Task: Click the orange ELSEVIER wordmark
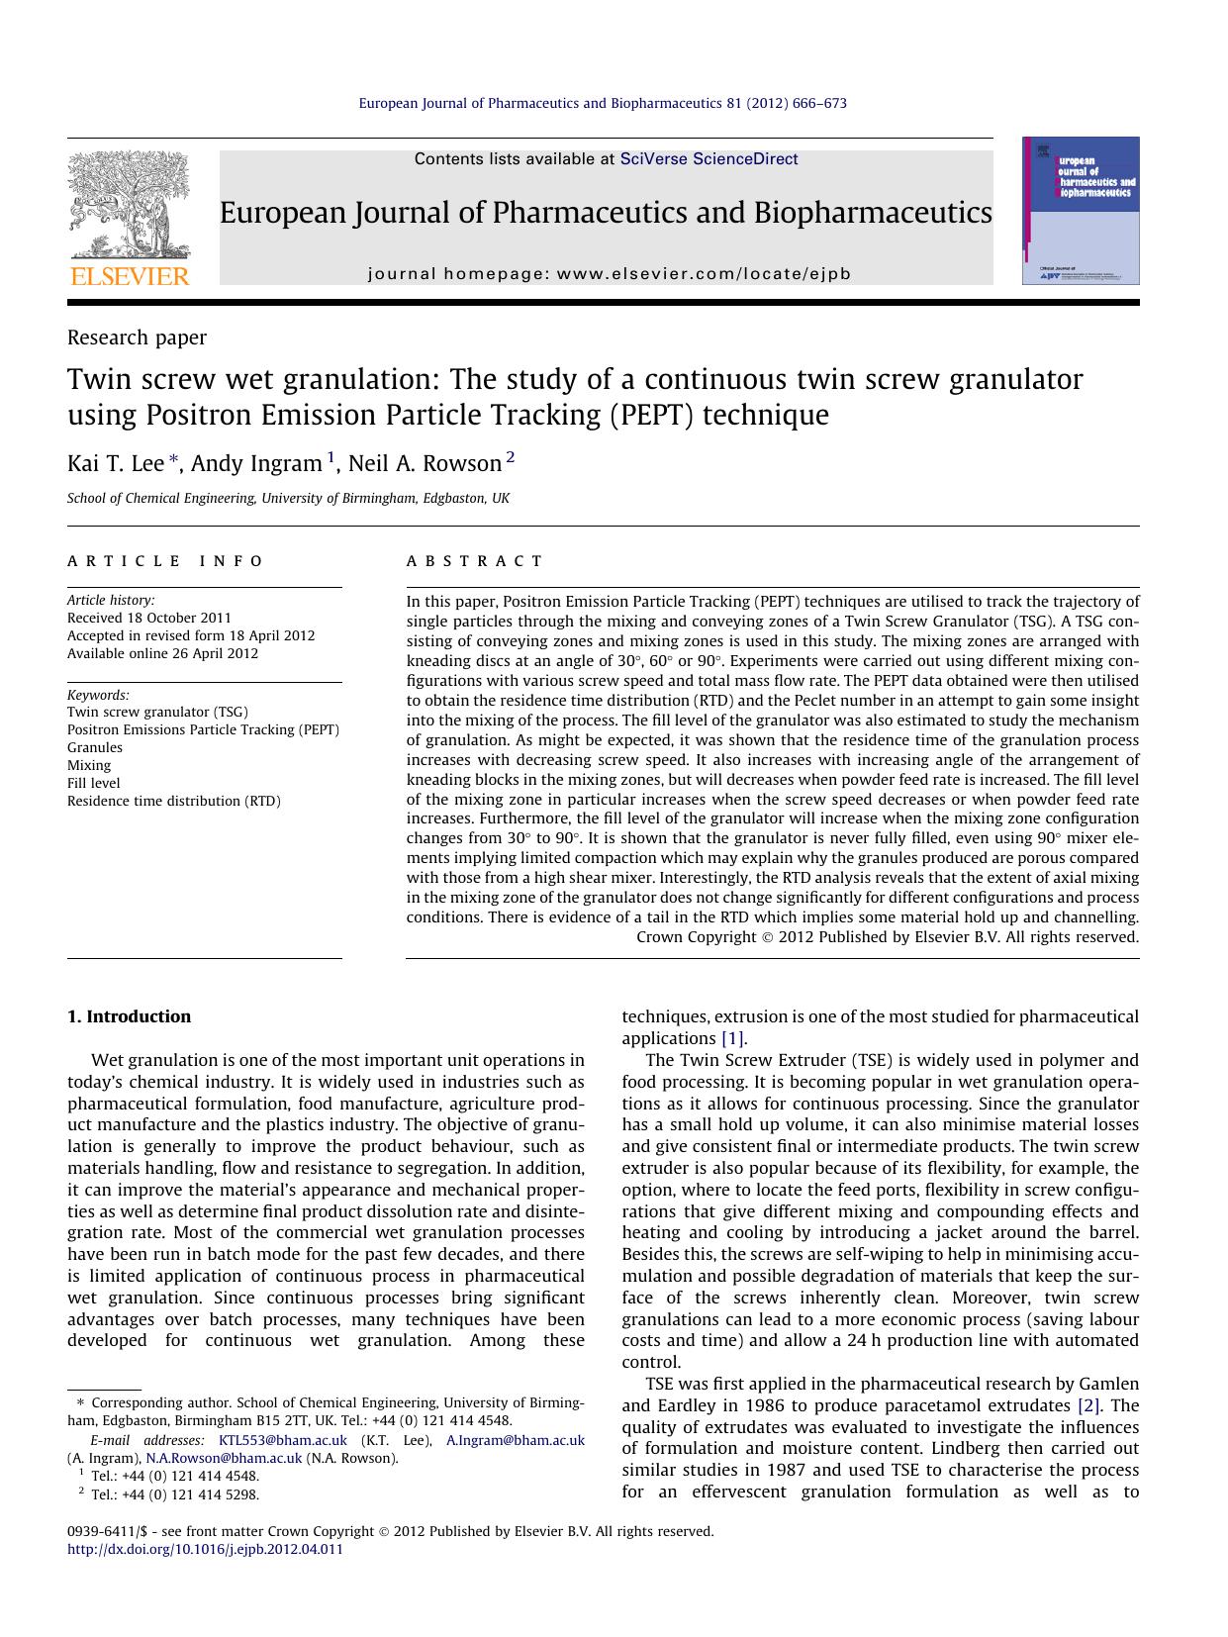tap(129, 276)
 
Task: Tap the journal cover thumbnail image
tap(1081, 211)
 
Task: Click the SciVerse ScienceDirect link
tap(708, 159)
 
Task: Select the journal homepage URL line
tap(609, 274)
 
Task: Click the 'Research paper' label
tap(137, 337)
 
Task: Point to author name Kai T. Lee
tap(115, 463)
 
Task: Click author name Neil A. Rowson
tap(425, 463)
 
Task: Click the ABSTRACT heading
tap(475, 561)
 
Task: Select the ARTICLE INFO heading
tap(165, 561)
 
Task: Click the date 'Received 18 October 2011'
tap(149, 618)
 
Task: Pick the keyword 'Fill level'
tap(94, 783)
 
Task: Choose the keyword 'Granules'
tap(95, 747)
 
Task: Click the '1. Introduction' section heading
tap(129, 1016)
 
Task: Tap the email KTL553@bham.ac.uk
tap(282, 1440)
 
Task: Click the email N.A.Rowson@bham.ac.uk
tap(224, 1458)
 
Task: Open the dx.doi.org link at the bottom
tap(205, 1549)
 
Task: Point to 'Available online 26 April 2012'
tap(162, 653)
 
